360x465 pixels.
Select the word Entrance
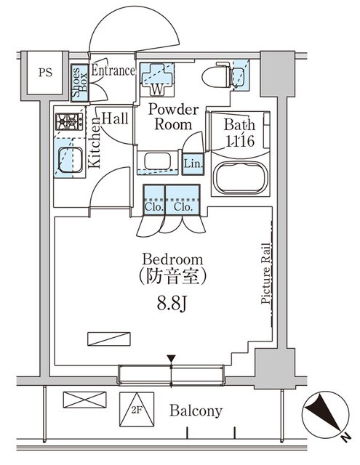coord(113,70)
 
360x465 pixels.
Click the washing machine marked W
coord(157,79)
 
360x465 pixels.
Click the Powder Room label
coord(173,117)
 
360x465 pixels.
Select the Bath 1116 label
coord(239,134)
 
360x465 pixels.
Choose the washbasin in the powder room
coord(157,161)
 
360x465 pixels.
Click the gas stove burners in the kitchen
coord(68,121)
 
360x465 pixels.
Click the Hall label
coord(115,117)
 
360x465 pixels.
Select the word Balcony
coord(196,411)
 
